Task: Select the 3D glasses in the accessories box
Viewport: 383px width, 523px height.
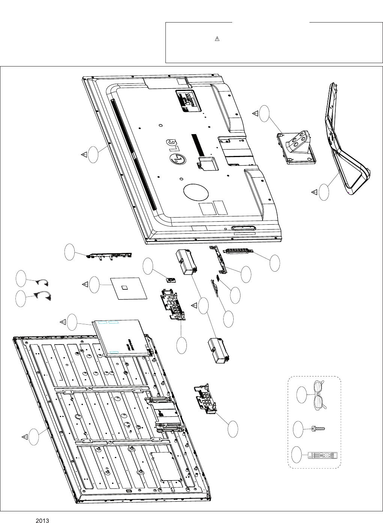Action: pyautogui.click(x=319, y=395)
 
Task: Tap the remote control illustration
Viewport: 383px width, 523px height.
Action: pyautogui.click(x=323, y=455)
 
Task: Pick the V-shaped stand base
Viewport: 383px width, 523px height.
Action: pyautogui.click(x=345, y=150)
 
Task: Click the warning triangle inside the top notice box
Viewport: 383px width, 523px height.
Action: pyautogui.click(x=217, y=39)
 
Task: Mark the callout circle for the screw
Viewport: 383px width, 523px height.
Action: pyautogui.click(x=298, y=429)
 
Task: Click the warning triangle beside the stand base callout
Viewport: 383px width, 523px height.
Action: pyautogui.click(x=314, y=192)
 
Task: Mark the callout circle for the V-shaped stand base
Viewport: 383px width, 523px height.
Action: pyautogui.click(x=324, y=192)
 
